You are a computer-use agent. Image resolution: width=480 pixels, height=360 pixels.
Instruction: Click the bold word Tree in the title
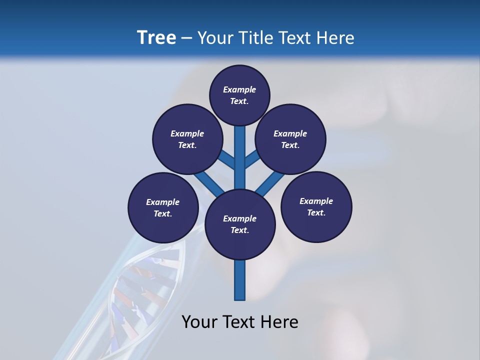(x=156, y=37)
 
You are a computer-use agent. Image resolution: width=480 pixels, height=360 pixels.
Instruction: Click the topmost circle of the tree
(x=239, y=95)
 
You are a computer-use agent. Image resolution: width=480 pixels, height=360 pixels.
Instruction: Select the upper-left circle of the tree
(x=187, y=139)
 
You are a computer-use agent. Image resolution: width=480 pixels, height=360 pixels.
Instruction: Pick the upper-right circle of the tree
(x=290, y=139)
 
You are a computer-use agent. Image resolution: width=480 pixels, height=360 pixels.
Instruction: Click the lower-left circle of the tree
(x=163, y=207)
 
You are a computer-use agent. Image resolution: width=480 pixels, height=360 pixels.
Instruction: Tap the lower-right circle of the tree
(x=316, y=207)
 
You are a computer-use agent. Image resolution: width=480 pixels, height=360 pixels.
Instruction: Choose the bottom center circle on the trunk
(x=240, y=224)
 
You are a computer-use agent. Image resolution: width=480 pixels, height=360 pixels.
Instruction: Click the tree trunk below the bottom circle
(x=240, y=280)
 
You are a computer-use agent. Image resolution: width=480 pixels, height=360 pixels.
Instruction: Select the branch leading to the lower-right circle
(x=270, y=184)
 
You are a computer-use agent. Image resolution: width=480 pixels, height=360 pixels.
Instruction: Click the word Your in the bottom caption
(x=199, y=322)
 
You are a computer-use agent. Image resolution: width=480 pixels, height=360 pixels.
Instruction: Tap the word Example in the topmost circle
(x=239, y=90)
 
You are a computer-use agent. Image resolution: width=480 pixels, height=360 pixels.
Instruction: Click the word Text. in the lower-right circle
(x=316, y=213)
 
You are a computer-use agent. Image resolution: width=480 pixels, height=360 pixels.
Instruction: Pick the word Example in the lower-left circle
(x=163, y=202)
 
